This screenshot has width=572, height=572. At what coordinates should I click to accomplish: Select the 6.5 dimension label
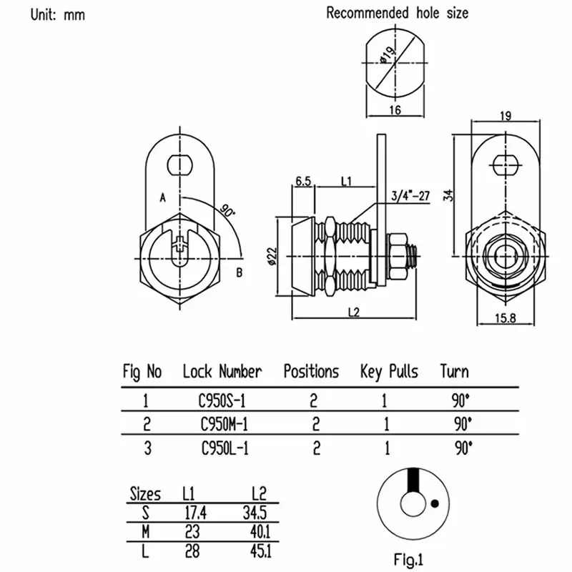point(302,182)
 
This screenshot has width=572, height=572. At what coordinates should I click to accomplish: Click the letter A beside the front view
point(162,197)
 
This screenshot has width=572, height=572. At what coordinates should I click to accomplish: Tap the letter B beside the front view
point(240,272)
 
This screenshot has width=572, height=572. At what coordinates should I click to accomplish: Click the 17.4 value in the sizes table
point(194,512)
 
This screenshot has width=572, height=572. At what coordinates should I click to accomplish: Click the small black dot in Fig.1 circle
point(433,502)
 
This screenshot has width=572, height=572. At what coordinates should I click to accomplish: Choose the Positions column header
point(311,372)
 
